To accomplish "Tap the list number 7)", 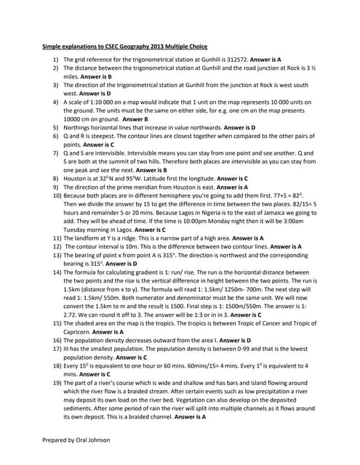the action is tap(57, 153).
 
